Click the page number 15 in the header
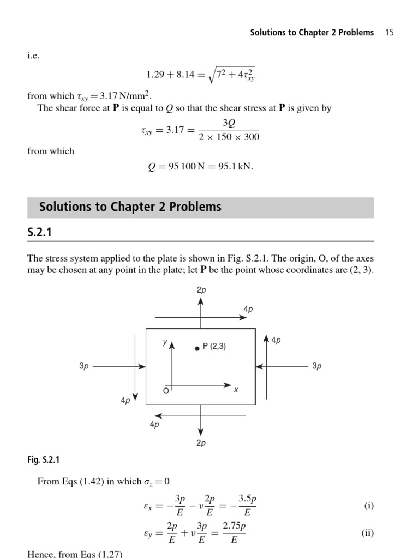(389, 33)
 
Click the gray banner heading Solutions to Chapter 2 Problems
(130, 207)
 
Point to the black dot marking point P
(197, 348)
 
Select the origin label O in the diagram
(166, 391)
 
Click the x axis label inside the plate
(236, 390)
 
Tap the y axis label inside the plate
(164, 343)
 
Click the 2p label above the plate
(201, 290)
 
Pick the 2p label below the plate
(201, 443)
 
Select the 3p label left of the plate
(84, 366)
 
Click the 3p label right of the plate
(317, 366)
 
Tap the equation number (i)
(369, 506)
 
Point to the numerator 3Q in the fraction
(229, 125)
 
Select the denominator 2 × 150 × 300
(229, 137)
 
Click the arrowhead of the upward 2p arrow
(201, 301)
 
